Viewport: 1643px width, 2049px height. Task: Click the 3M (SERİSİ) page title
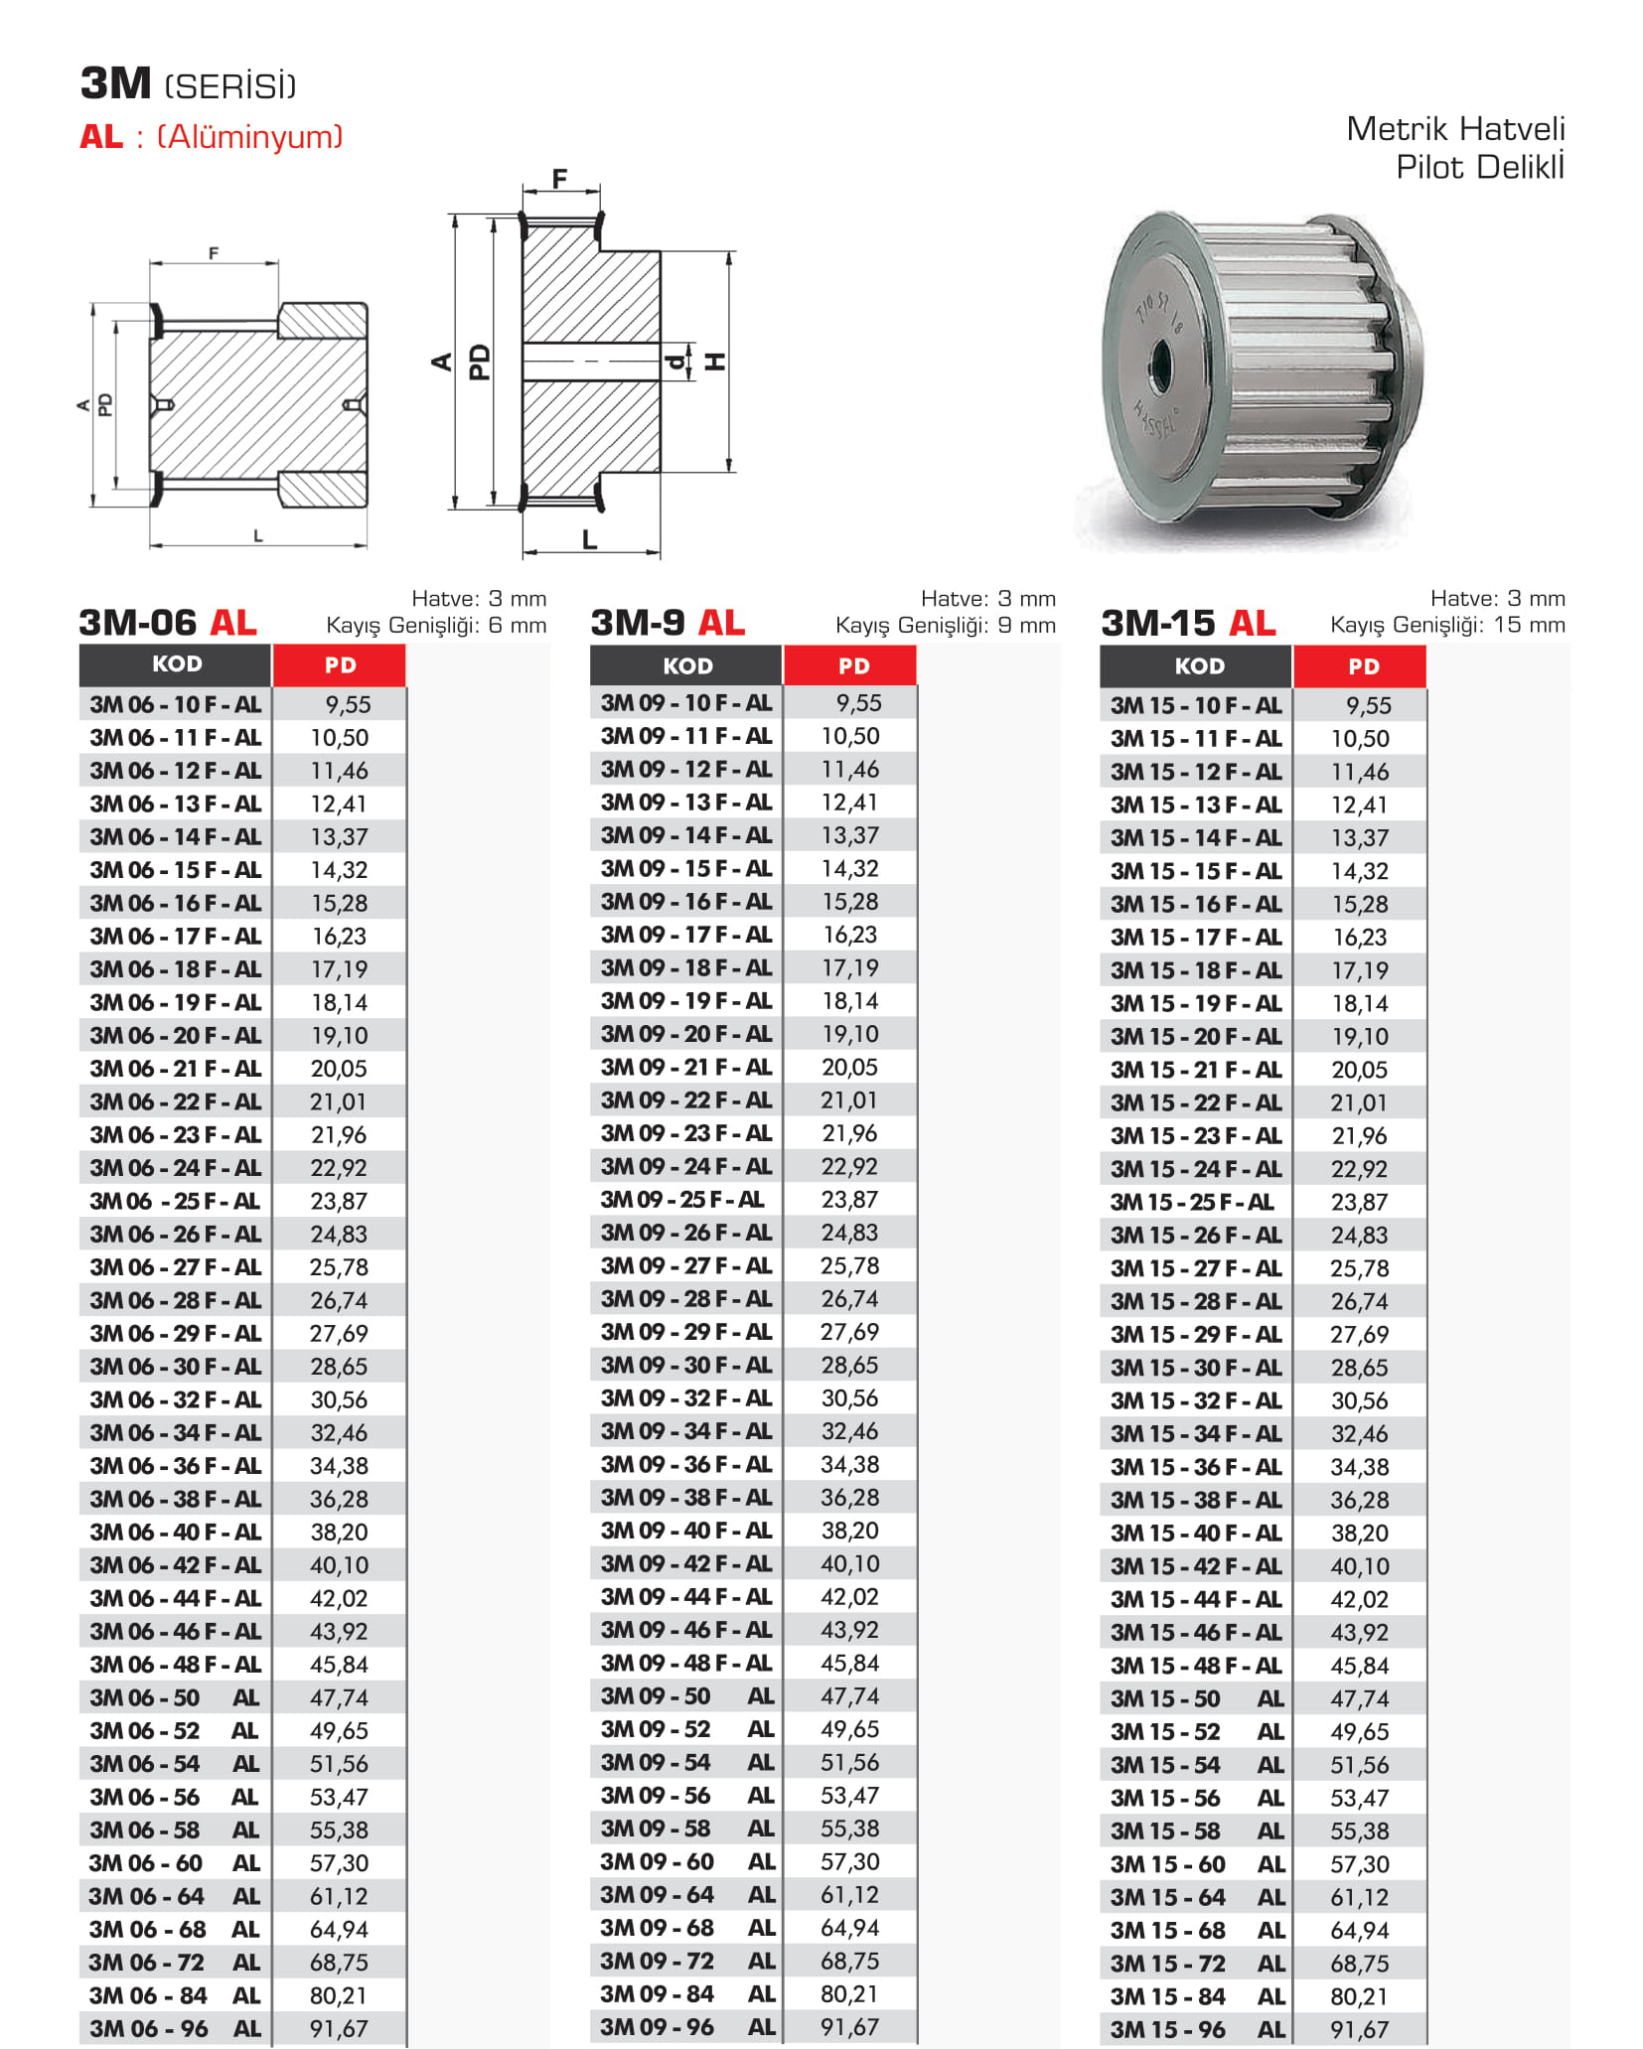[x=188, y=84]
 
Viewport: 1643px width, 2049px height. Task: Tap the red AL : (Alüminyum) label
[x=211, y=136]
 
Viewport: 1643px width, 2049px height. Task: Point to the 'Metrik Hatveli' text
[x=1454, y=129]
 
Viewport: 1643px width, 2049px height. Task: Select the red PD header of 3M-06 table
[x=340, y=665]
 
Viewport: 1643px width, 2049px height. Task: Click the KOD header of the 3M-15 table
[x=1198, y=666]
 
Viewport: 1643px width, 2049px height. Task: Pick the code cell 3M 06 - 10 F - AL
[x=176, y=704]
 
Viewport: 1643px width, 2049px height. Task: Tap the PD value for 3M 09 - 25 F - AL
[x=849, y=1200]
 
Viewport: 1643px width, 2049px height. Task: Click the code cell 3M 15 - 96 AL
[x=1197, y=2029]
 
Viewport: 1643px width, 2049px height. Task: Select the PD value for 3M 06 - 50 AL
[x=339, y=1697]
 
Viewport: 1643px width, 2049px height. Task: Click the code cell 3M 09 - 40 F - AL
[x=685, y=1531]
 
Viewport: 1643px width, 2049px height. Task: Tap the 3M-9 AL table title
[x=668, y=623]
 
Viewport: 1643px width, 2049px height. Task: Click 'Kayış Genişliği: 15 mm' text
[x=1447, y=625]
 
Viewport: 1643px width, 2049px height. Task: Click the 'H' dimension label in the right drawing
[x=714, y=362]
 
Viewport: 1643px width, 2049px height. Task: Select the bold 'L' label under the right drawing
[x=589, y=540]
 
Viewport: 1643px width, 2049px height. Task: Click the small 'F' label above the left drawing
[x=214, y=253]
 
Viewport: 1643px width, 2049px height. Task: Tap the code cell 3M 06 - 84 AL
[x=175, y=1995]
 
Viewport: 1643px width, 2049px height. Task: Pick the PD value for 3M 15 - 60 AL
[x=1359, y=1864]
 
